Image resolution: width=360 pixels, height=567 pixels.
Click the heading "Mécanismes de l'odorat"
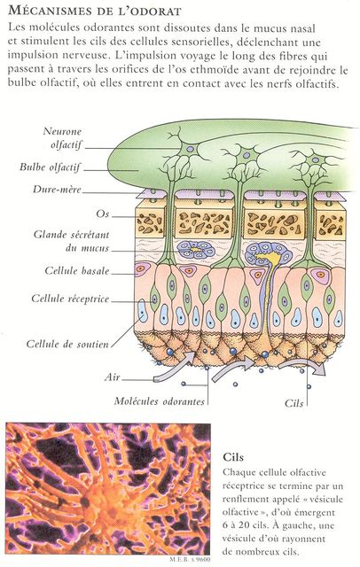(94, 11)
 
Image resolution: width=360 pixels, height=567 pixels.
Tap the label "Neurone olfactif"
(62, 138)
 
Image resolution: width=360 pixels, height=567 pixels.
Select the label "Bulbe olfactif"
(50, 167)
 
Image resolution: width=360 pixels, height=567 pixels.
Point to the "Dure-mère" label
(57, 189)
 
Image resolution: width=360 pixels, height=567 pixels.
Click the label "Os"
(102, 214)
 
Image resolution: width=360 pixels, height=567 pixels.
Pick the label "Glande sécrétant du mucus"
(71, 241)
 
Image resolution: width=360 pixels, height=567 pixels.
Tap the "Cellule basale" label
(77, 270)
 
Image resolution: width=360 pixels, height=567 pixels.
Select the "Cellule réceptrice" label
(70, 299)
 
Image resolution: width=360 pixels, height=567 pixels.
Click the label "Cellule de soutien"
(67, 344)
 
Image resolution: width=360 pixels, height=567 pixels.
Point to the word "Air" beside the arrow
(112, 377)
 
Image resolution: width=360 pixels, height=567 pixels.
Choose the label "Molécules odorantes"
(160, 401)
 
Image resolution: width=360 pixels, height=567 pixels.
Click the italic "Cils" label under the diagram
(293, 403)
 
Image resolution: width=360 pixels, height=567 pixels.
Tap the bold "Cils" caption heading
(233, 457)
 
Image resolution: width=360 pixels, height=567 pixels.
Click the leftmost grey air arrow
(175, 366)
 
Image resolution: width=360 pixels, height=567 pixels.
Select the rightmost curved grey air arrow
(302, 366)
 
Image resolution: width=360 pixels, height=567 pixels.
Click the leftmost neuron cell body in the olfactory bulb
(191, 149)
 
